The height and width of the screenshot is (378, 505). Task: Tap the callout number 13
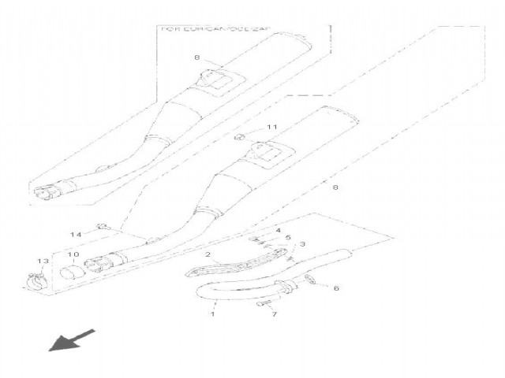(42, 261)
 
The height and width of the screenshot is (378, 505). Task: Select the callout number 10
(72, 255)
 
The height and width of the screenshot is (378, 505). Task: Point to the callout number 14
(76, 235)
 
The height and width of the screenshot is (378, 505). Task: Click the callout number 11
(271, 127)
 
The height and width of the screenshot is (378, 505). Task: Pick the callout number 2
(207, 255)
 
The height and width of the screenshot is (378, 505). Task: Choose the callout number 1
(211, 314)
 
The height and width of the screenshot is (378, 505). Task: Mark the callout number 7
(274, 314)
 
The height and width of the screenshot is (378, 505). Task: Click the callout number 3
(302, 245)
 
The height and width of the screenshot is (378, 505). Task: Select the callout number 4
(278, 230)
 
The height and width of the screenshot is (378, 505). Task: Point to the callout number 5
(288, 238)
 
